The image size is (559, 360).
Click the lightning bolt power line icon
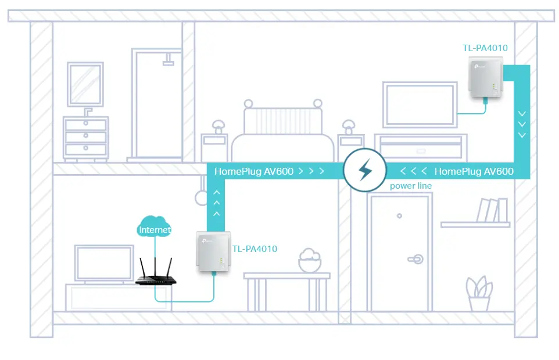click(x=365, y=170)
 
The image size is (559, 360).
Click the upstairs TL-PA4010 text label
click(x=485, y=48)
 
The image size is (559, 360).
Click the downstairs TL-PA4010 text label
click(x=255, y=249)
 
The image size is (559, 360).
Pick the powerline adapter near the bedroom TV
click(x=486, y=77)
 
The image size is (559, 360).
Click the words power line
click(x=411, y=186)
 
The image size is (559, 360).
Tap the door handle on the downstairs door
click(x=415, y=259)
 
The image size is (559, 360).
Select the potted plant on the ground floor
click(x=479, y=293)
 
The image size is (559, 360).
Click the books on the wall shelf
click(x=492, y=210)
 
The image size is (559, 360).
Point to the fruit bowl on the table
click(x=310, y=260)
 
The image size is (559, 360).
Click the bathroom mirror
click(x=85, y=84)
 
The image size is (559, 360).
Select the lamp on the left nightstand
click(x=218, y=127)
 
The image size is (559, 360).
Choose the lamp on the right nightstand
click(x=349, y=127)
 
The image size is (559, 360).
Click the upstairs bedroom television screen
click(x=420, y=105)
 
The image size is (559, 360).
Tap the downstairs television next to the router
click(x=104, y=264)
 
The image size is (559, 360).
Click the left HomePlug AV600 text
click(x=254, y=171)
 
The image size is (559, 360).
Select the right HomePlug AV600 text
click(x=474, y=171)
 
